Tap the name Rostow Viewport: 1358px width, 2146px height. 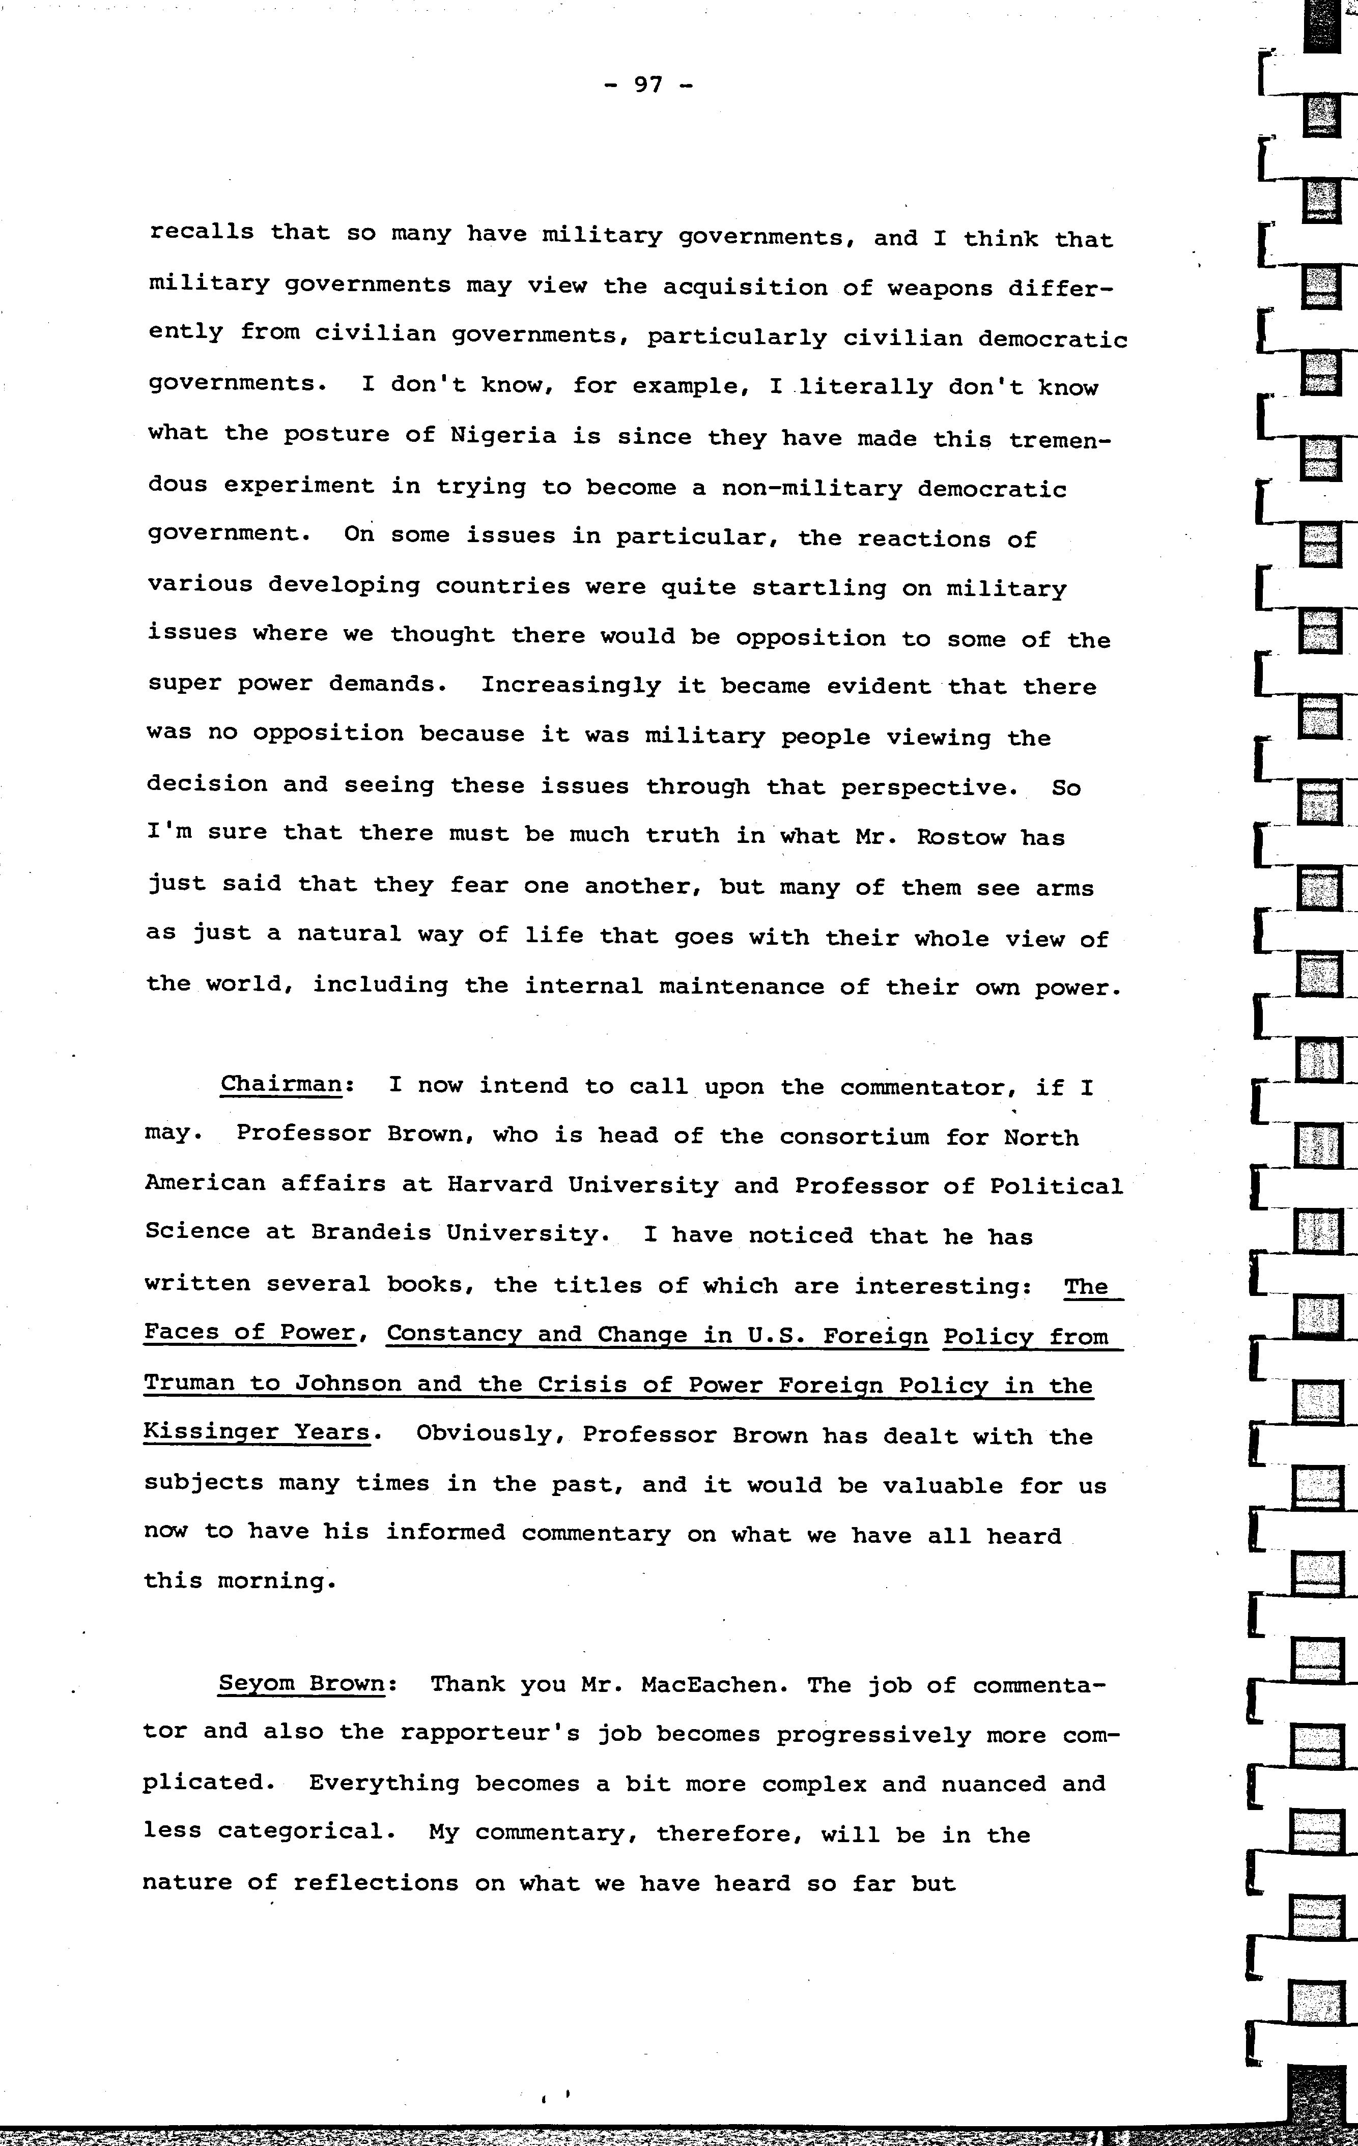[948, 838]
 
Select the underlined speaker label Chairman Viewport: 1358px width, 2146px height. [280, 1085]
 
